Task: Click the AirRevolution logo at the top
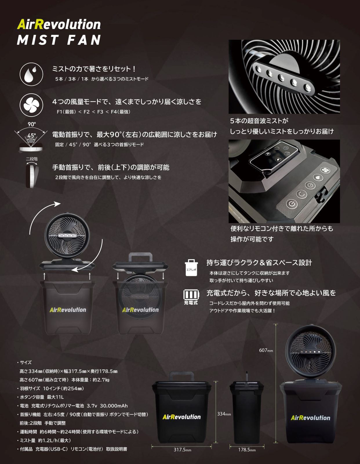pyautogui.click(x=59, y=25)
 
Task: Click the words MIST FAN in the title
pyautogui.click(x=59, y=40)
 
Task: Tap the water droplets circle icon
pyautogui.click(x=31, y=74)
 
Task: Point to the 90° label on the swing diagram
pyautogui.click(x=32, y=124)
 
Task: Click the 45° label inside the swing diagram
pyautogui.click(x=32, y=135)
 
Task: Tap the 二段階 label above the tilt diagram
pyautogui.click(x=32, y=159)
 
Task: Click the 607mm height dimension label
pyautogui.click(x=266, y=350)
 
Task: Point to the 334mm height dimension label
pyautogui.click(x=224, y=414)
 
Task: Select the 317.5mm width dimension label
pyautogui.click(x=182, y=450)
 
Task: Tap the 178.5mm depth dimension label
pyautogui.click(x=247, y=450)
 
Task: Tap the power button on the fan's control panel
pyautogui.click(x=292, y=204)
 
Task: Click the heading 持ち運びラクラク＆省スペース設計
pyautogui.click(x=259, y=263)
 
